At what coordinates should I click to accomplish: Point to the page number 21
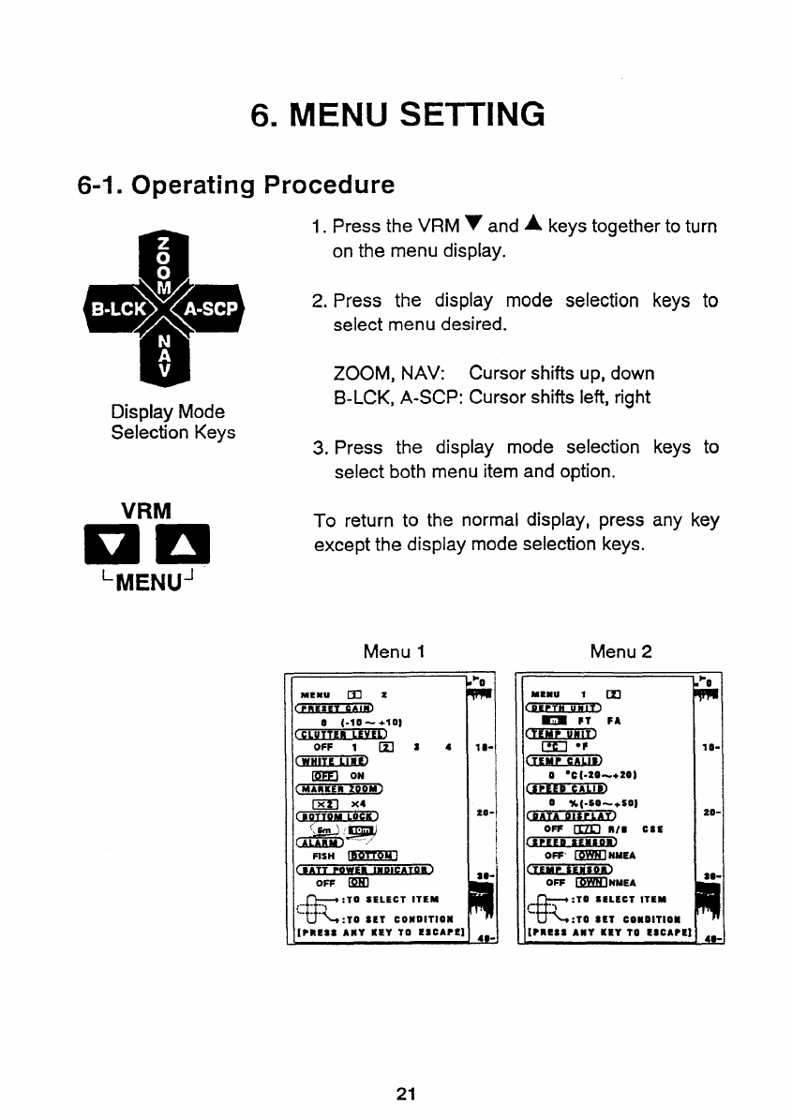(x=406, y=1094)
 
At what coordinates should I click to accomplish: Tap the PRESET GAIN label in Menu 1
(x=333, y=708)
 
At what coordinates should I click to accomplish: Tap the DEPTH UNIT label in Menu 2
(x=563, y=708)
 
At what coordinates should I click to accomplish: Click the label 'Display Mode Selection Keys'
(x=168, y=422)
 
